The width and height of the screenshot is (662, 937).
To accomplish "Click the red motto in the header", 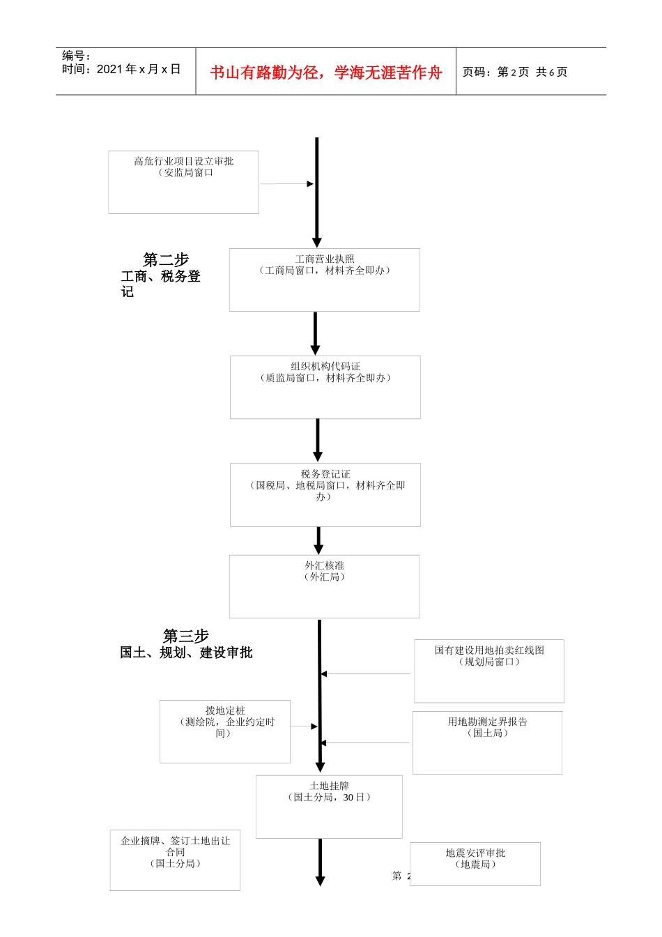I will point(325,73).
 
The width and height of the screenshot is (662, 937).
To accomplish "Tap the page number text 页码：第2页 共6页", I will point(515,73).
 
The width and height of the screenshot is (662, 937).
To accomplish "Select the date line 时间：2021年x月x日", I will point(121,69).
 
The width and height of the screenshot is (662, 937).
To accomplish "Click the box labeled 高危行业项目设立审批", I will point(183,182).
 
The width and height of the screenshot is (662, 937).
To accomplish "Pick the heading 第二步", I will point(166,260).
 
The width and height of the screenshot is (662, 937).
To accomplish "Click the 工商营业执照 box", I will point(325,280).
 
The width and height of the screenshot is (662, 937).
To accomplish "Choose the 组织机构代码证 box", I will point(325,387).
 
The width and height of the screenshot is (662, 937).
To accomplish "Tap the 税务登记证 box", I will point(325,494).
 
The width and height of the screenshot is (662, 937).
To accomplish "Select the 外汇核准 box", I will point(324,586).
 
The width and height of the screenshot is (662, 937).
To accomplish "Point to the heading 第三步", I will point(186,637).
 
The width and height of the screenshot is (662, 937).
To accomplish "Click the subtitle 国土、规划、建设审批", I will point(186,653).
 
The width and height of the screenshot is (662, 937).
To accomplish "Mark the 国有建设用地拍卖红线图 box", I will point(489,671).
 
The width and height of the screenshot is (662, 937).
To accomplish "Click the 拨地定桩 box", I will point(225,731).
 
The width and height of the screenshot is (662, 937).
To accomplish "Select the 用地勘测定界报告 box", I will point(487,742).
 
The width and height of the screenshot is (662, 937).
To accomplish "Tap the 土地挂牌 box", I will point(329,807).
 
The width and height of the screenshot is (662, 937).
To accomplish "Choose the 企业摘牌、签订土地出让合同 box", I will point(175,860).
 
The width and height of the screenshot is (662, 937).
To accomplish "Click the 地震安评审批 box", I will point(475,864).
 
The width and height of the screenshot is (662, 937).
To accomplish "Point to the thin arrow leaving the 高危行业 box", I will point(286,184).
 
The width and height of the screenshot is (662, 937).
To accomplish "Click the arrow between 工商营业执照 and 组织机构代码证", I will point(315,333).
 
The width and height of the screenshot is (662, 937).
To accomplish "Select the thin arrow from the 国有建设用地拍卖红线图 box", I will point(366,674).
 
